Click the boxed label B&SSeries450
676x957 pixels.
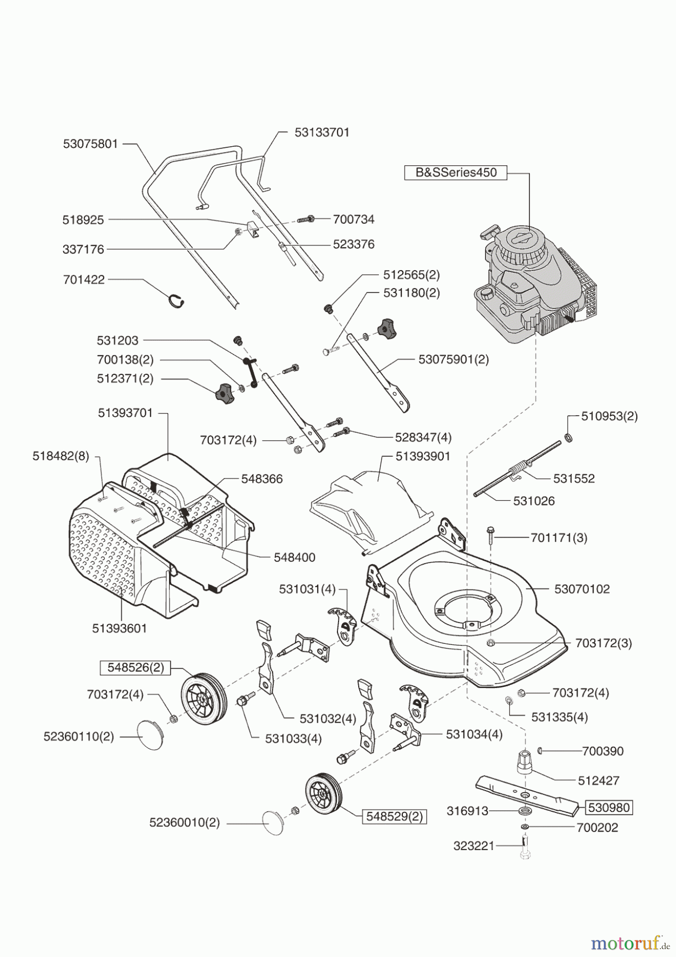[455, 173]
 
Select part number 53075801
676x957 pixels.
[90, 144]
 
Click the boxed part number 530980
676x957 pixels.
[609, 808]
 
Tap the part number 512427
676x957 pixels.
[599, 780]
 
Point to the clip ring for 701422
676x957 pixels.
[176, 301]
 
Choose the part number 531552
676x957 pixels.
[574, 478]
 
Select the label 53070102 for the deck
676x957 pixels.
[582, 589]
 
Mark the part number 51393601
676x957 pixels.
[120, 628]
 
